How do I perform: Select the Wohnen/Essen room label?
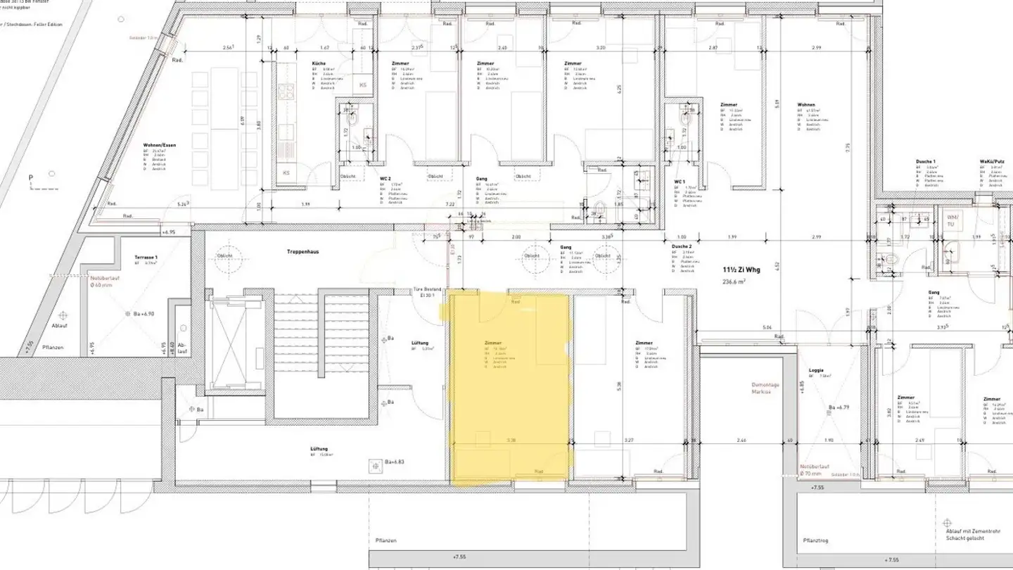(158, 145)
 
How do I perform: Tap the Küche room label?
(319, 63)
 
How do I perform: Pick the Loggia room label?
(817, 370)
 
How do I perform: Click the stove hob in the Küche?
(286, 91)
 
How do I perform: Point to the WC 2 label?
(386, 179)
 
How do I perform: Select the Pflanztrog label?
(815, 543)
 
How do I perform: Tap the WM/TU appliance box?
(953, 220)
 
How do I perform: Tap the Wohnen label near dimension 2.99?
(806, 105)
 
